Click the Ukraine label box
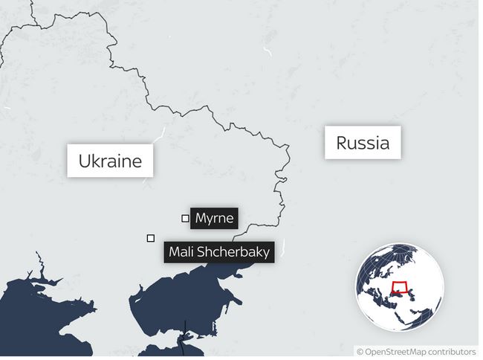point(110,161)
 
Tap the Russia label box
point(362,142)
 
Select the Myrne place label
point(214,219)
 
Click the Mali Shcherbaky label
point(218,252)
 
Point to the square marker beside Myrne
point(185,218)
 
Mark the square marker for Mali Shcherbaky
point(151,238)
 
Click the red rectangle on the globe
point(401,288)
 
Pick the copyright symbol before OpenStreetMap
point(360,351)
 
